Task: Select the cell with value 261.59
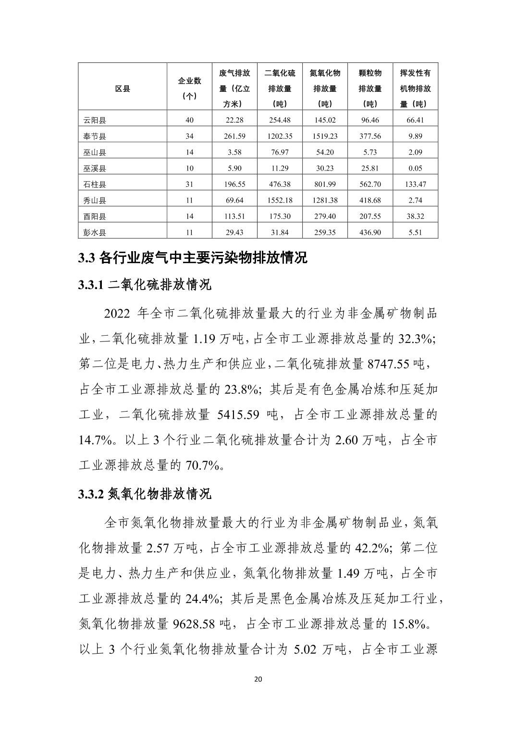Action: (234, 136)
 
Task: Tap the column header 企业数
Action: (190, 81)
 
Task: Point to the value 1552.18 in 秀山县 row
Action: (280, 200)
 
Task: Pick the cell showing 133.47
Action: (416, 184)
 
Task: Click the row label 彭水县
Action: (94, 232)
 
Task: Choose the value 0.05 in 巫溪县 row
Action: (415, 168)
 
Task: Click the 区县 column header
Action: (122, 88)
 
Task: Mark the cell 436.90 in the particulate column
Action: (370, 232)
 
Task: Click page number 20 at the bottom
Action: (258, 679)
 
